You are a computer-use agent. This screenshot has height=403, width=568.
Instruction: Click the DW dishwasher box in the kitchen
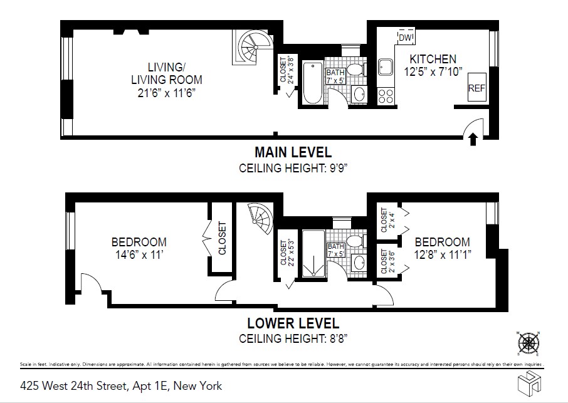click(406, 38)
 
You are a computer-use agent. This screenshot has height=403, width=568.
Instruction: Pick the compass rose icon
click(530, 343)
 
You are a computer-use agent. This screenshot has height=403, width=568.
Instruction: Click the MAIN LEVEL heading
click(293, 152)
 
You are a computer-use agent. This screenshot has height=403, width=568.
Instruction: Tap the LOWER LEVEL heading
click(293, 323)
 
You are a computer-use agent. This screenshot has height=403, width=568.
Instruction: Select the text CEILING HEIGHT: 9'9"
click(293, 168)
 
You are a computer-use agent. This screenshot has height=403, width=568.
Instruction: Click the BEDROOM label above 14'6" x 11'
click(139, 242)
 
